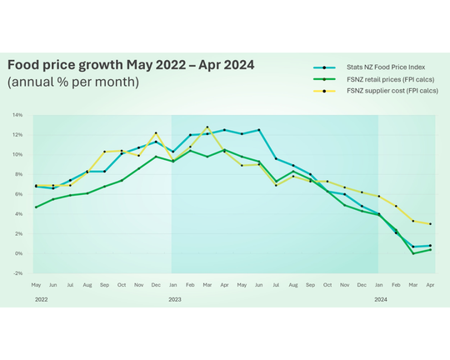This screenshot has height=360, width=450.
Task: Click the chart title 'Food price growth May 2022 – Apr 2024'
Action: click(x=131, y=65)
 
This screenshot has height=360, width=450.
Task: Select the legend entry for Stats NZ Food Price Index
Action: click(x=375, y=67)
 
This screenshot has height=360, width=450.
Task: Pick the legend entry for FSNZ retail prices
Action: click(x=375, y=78)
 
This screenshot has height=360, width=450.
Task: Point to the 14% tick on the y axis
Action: click(x=17, y=115)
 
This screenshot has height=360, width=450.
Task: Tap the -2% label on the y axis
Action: click(x=17, y=273)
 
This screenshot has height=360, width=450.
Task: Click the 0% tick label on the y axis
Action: click(x=18, y=253)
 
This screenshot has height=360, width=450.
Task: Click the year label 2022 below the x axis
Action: click(x=42, y=298)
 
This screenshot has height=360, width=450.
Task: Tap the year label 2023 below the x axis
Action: click(x=175, y=298)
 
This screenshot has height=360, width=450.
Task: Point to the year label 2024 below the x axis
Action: click(x=380, y=298)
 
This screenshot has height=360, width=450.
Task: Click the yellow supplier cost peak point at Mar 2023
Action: click(x=207, y=127)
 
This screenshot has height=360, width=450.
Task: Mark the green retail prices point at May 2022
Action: click(x=36, y=207)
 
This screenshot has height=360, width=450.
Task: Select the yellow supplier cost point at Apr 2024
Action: click(x=430, y=223)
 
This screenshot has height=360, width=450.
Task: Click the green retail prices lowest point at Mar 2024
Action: click(x=413, y=253)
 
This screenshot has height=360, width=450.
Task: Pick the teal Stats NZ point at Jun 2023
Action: click(x=259, y=130)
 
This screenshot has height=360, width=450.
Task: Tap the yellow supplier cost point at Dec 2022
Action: click(x=156, y=133)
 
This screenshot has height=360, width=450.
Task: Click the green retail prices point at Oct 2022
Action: click(x=122, y=180)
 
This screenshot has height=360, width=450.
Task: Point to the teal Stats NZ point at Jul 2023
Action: click(x=276, y=158)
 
